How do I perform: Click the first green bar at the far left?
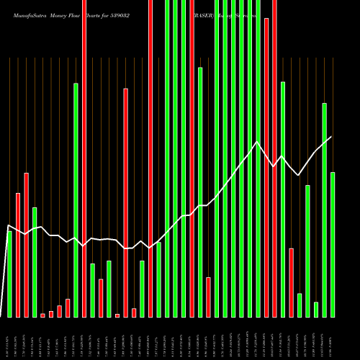click(x=9, y=274)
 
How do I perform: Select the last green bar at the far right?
click(x=333, y=245)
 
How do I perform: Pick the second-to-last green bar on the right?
click(x=324, y=209)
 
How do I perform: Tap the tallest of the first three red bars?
click(x=26, y=245)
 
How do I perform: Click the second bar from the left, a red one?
click(x=18, y=255)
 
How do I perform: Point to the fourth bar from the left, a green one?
click(x=35, y=262)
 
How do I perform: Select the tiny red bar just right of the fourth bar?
click(x=42, y=315)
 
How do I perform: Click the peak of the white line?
click(x=257, y=141)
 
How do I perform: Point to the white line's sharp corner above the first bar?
click(x=9, y=226)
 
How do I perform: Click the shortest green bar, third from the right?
click(x=316, y=310)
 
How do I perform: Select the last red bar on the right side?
click(x=291, y=282)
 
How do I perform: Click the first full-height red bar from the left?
click(x=84, y=158)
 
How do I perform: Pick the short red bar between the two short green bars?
click(x=101, y=298)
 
